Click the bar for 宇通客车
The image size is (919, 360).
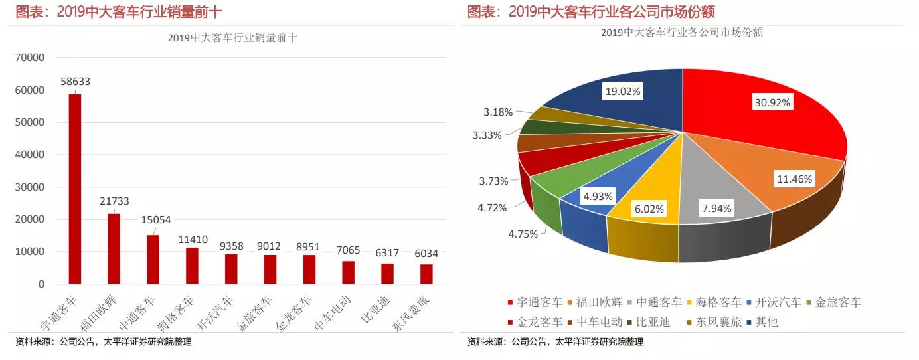point(75,189)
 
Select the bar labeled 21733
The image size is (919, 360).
point(114,248)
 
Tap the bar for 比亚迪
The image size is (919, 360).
point(387,274)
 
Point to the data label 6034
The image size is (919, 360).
point(425,253)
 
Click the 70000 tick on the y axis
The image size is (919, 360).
point(30,58)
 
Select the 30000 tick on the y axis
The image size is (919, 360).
point(30,187)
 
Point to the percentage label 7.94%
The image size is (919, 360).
point(716,208)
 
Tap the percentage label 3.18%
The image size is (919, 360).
point(497,112)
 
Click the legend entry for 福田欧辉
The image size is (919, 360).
point(597,302)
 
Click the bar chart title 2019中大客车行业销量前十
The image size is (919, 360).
point(232,38)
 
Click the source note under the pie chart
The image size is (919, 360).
point(555,342)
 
